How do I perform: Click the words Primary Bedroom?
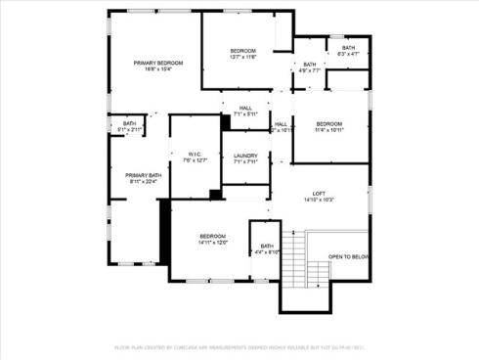click(157, 63)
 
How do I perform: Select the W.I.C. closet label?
click(194, 154)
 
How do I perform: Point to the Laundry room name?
click(245, 156)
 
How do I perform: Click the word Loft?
click(320, 194)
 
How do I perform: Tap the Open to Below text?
click(348, 256)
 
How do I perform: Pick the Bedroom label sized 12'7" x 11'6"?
click(242, 51)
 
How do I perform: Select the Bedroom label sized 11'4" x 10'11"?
click(328, 123)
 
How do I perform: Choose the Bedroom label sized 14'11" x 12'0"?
click(213, 236)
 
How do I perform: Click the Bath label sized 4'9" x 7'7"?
click(309, 65)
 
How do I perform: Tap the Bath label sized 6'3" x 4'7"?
click(348, 48)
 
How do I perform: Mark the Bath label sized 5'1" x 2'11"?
click(129, 123)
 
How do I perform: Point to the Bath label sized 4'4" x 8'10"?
click(267, 246)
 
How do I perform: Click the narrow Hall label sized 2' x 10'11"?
click(281, 124)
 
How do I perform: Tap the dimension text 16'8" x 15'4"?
click(157, 68)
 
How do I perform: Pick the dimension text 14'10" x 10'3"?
click(320, 200)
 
